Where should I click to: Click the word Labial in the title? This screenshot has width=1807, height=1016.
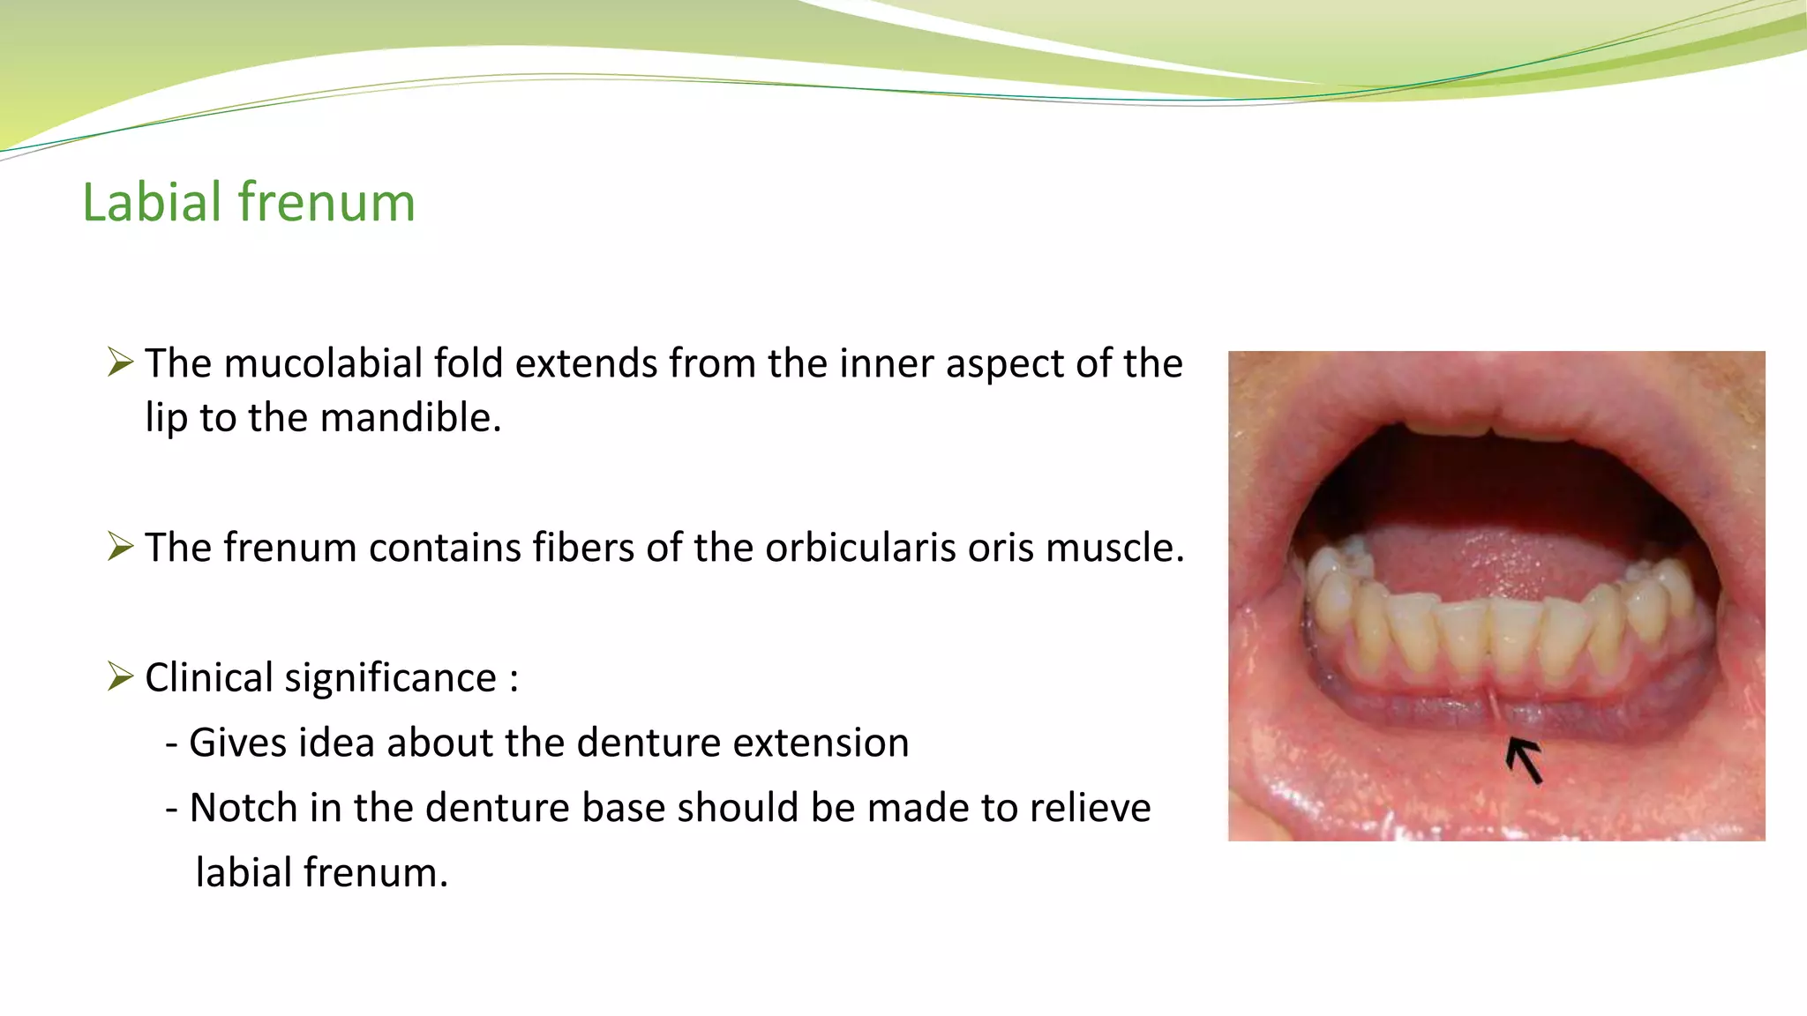pos(151,202)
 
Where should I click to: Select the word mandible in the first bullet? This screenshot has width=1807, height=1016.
pos(410,417)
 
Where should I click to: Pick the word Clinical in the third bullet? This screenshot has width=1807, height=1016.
pos(209,678)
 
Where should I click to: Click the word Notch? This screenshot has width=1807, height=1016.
pos(243,808)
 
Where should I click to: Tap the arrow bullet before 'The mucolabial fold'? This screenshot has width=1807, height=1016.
pos(120,362)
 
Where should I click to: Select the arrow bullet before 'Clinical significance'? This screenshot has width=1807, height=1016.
pos(120,676)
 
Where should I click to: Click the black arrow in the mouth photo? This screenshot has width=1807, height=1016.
pos(1525,761)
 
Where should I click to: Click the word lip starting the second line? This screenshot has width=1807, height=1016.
pos(167,417)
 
